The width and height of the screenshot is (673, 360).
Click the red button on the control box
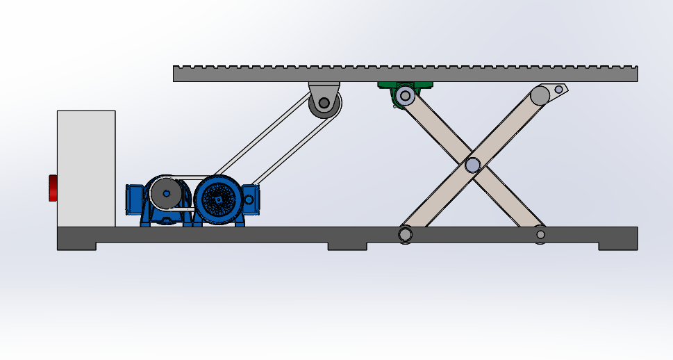[53, 188]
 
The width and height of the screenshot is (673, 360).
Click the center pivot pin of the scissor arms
[472, 165]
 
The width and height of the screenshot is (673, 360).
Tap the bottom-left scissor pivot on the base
[405, 235]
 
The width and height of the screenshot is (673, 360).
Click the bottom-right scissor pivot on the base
[540, 235]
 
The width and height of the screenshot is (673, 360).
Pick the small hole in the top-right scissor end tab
[558, 89]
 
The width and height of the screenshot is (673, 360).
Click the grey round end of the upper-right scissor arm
[540, 95]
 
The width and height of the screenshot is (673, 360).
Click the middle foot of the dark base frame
[347, 245]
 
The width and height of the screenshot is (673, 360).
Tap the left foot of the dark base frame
[76, 245]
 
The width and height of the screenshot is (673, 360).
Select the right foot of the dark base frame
[617, 245]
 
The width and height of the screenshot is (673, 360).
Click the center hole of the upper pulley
[324, 104]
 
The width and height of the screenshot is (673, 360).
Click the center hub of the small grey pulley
[166, 194]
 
